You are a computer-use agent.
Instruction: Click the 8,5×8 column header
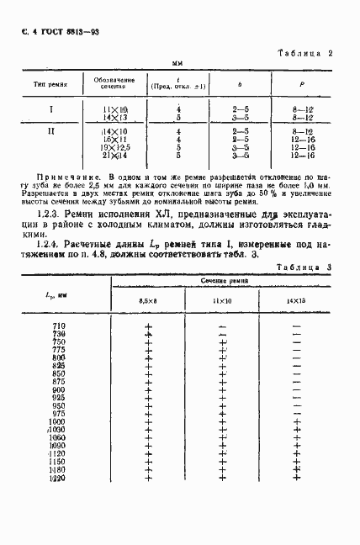tap(147, 299)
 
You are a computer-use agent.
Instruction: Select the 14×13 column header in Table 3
tap(296, 299)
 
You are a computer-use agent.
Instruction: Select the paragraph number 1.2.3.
tap(46, 215)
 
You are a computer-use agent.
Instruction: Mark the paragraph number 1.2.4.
tap(46, 242)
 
